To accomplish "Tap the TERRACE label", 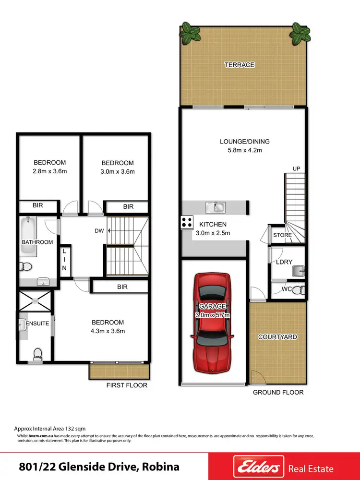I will [240, 65].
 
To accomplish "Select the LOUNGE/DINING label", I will [245, 142].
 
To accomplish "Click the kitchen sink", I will [216, 207].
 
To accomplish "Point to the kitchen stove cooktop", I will [187, 222].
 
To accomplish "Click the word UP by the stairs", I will [296, 168].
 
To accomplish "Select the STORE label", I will [282, 236].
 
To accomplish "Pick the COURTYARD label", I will [277, 337].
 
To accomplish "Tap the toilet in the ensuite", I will [37, 354].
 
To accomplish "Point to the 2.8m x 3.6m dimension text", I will [49, 171].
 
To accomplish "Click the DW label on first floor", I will [99, 231].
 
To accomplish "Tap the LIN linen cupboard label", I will [64, 262].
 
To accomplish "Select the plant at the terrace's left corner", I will [191, 34].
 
